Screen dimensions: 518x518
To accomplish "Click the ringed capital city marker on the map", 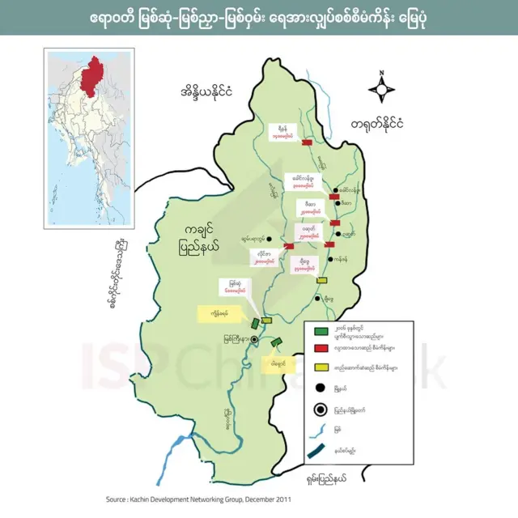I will point(254,340).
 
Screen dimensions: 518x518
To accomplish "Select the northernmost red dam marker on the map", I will point(307,142).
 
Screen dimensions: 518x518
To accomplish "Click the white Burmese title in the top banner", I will point(258,18).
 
